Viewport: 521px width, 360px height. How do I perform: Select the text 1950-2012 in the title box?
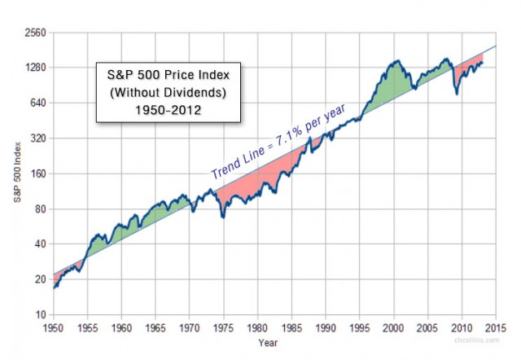coord(170,104)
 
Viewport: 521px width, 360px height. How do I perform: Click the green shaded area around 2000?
coord(391,81)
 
